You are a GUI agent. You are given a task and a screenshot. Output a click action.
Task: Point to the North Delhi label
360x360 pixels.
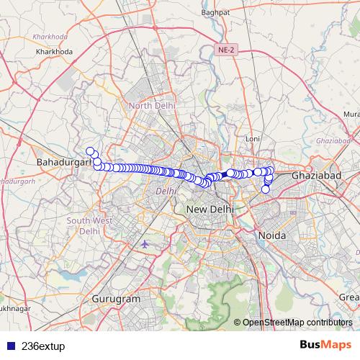coord(152,106)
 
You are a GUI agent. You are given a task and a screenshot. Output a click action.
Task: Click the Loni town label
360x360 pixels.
coord(252,138)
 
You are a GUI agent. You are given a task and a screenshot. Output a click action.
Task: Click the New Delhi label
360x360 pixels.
coord(208,209)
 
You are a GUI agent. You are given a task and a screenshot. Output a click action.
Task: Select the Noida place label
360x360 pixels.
coord(271,235)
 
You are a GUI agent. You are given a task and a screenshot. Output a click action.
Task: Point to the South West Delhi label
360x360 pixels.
coord(89,225)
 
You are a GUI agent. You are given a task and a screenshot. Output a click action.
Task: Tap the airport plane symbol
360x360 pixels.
coord(146,244)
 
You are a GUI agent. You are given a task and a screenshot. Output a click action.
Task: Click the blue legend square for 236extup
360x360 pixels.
coord(9,346)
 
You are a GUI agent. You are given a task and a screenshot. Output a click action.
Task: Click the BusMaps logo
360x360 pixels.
coord(325,345)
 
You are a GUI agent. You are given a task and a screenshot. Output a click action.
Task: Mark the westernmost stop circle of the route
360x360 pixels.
coord(90,150)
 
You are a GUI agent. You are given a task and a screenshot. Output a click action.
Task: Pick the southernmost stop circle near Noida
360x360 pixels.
coord(265,190)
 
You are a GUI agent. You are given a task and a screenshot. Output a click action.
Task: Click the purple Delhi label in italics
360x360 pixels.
coord(166,192)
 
